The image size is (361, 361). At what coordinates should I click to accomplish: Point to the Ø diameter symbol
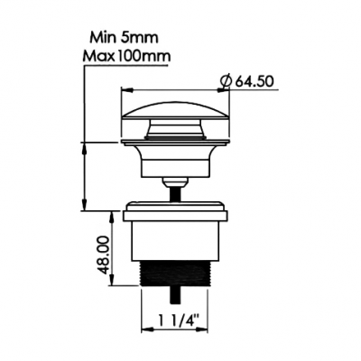[226, 81]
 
